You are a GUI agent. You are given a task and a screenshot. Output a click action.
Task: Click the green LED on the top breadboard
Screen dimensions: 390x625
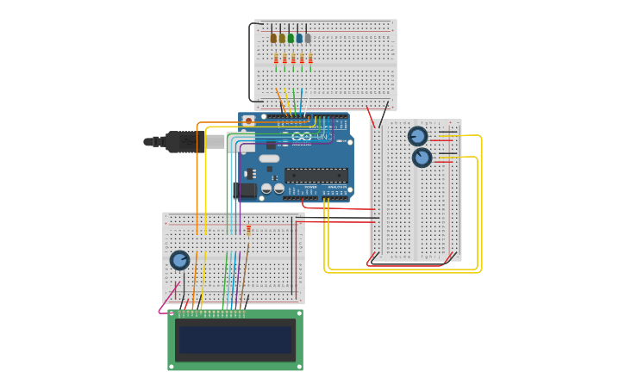pos(291,38)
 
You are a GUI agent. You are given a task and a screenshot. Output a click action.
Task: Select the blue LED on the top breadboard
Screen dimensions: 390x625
pos(299,38)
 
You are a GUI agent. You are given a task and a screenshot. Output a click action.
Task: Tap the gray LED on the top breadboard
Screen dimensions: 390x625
pos(308,38)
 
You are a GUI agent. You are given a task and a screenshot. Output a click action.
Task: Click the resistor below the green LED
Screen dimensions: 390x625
pos(293,59)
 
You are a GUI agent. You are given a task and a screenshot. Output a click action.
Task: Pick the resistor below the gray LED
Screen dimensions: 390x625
pos(310,59)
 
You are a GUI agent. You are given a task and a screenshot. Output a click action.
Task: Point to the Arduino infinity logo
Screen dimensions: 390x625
pos(301,137)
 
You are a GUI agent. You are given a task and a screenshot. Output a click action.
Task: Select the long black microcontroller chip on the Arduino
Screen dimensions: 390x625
pos(316,175)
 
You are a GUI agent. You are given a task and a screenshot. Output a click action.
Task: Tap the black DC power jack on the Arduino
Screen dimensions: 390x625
pos(246,190)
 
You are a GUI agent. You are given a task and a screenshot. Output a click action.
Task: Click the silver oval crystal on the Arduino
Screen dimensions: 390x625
pos(269,158)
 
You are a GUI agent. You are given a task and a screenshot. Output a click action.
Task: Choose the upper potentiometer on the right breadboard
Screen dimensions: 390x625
pos(417,136)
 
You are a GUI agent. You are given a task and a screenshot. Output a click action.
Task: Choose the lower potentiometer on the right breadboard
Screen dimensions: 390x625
pos(422,158)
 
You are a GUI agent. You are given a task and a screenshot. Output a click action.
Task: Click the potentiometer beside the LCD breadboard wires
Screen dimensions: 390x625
pos(179,260)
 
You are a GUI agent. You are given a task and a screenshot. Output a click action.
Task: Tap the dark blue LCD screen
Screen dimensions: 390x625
pos(234,339)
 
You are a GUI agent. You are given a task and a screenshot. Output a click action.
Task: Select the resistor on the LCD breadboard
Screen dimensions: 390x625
pos(248,231)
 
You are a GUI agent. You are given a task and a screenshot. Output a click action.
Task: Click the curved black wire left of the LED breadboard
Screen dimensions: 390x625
pos(251,60)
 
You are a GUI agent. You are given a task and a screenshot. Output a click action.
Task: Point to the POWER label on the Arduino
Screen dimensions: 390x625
pos(309,186)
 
